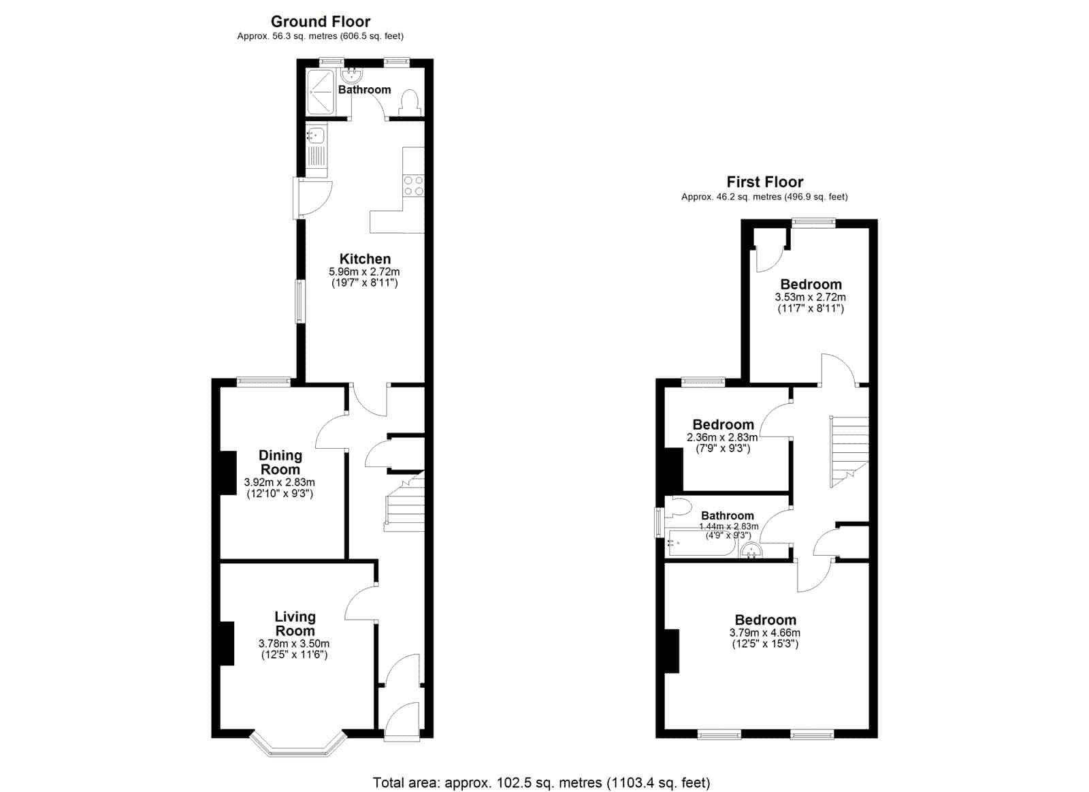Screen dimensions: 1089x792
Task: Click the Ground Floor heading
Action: [x=321, y=21]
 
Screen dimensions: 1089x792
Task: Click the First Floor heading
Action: [x=765, y=182]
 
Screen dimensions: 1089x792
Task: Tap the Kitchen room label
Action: [x=365, y=259]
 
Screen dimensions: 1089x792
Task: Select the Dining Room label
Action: [x=280, y=462]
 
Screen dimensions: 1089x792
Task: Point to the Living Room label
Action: [x=295, y=624]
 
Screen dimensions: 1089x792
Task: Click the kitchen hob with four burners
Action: [x=414, y=185]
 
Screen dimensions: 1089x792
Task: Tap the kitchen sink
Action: [x=316, y=134]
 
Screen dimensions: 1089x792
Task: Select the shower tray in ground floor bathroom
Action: [x=321, y=93]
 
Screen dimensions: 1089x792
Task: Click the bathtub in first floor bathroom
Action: [x=702, y=543]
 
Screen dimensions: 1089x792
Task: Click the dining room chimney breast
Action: [x=228, y=473]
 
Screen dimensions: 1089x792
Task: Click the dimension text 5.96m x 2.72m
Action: [x=365, y=272]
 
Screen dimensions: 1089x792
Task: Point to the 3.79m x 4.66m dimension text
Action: [x=765, y=633]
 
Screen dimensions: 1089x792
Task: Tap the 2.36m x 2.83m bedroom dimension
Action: [x=722, y=437]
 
